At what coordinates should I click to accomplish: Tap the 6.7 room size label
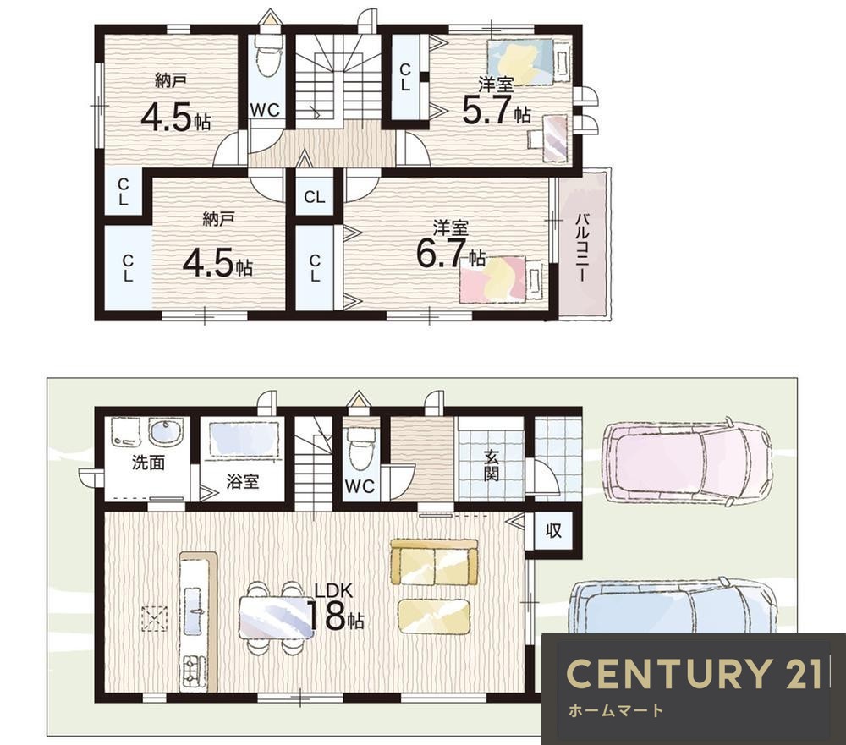click(x=450, y=254)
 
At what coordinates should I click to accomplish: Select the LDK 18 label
click(x=334, y=606)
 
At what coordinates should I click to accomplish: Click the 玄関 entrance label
click(x=491, y=465)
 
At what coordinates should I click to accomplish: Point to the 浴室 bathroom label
click(x=242, y=482)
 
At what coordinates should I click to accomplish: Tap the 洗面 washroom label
click(x=148, y=463)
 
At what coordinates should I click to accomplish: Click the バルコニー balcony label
click(x=581, y=247)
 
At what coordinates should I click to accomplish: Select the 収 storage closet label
click(x=553, y=530)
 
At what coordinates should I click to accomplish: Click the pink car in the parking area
click(x=687, y=461)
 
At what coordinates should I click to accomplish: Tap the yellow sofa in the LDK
click(x=434, y=562)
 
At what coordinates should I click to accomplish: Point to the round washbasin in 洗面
click(x=166, y=432)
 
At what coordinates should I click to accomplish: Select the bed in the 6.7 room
click(x=501, y=279)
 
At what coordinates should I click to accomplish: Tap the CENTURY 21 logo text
click(x=695, y=674)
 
